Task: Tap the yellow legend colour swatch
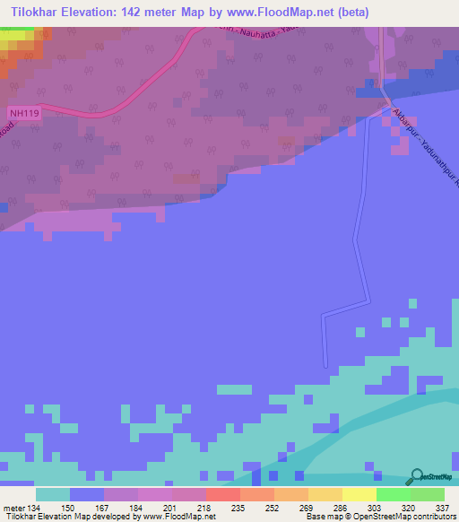pyautogui.click(x=359, y=494)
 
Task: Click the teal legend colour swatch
pyautogui.click(x=53, y=494)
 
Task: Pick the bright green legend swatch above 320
pyautogui.click(x=393, y=494)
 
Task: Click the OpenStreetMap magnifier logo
pyautogui.click(x=415, y=477)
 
